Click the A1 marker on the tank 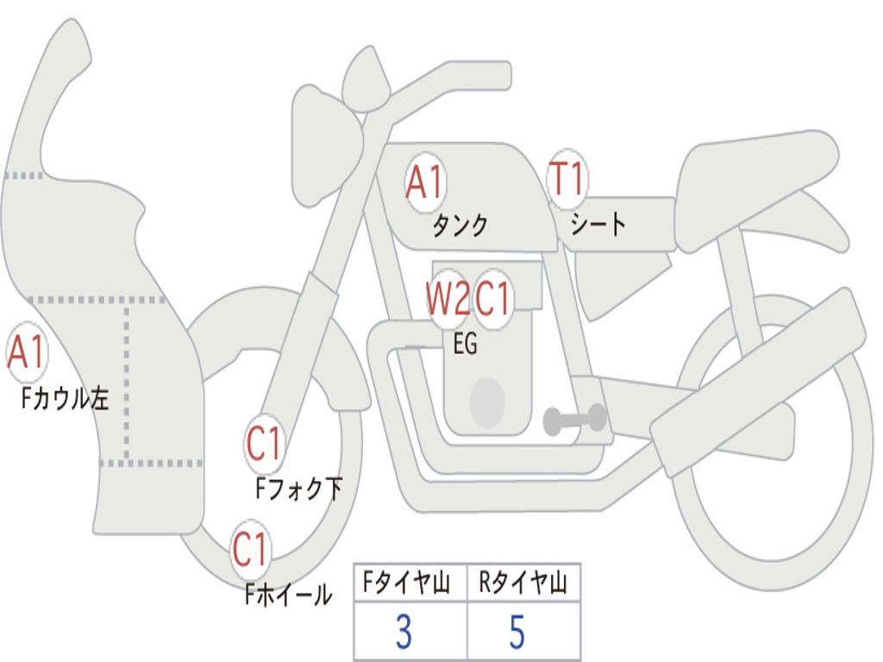[x=424, y=183]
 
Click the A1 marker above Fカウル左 [x=26, y=353]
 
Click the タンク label [x=460, y=226]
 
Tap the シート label [x=598, y=225]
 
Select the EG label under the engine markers [x=465, y=345]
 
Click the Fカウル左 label [x=66, y=398]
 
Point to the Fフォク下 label [x=299, y=489]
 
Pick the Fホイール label [x=288, y=594]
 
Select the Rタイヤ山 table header [x=523, y=584]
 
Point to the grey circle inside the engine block [x=487, y=403]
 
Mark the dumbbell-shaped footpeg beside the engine [x=574, y=420]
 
